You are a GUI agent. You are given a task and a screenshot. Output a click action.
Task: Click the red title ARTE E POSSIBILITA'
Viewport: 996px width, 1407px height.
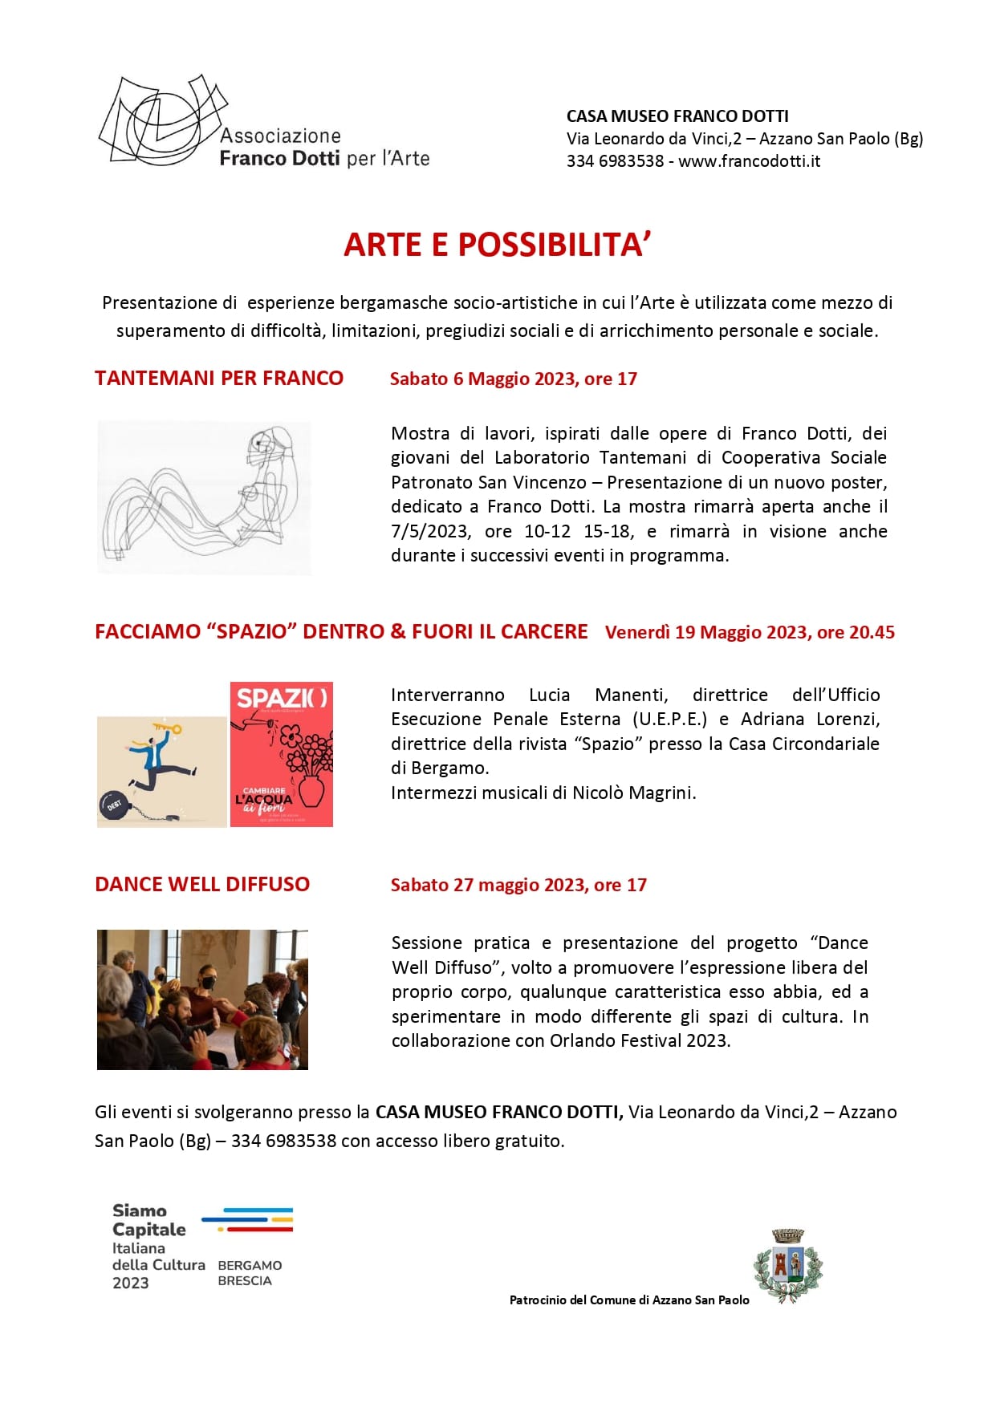click(x=497, y=245)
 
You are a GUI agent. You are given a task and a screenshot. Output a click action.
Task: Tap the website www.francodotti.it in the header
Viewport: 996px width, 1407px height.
click(x=749, y=161)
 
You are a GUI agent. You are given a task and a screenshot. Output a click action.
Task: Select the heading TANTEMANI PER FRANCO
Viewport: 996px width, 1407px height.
click(x=219, y=379)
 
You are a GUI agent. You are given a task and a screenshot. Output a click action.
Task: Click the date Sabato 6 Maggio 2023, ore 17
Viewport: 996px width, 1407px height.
click(x=513, y=379)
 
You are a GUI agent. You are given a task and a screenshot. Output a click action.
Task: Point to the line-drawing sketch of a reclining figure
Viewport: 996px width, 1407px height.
click(x=204, y=497)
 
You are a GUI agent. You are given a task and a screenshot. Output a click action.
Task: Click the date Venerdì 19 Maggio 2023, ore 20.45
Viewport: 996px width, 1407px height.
click(x=750, y=632)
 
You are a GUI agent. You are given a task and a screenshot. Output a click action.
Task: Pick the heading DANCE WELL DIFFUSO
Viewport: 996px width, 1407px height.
click(x=202, y=884)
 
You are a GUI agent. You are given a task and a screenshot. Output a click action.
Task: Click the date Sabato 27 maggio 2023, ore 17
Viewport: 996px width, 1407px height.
click(x=518, y=885)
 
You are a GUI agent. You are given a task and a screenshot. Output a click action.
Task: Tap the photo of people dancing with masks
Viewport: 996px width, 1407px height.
click(x=202, y=999)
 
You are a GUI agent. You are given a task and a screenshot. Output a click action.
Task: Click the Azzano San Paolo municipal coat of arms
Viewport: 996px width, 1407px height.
click(x=787, y=1264)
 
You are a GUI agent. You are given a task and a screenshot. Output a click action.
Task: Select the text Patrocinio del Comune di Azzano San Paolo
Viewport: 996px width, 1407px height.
click(x=629, y=1300)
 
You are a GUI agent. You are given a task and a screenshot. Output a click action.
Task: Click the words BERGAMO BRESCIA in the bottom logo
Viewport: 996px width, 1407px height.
click(x=250, y=1273)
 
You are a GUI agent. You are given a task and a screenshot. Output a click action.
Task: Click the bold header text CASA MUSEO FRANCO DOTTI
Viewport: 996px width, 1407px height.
click(x=677, y=116)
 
